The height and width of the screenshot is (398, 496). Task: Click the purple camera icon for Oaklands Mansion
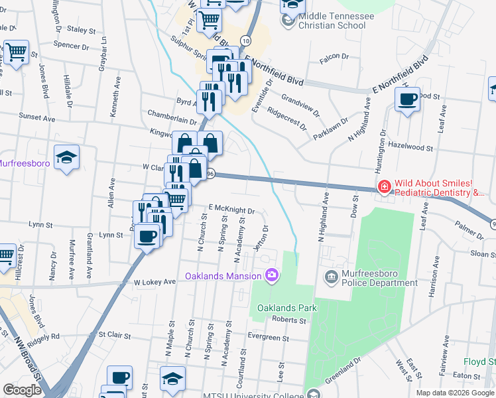click(271, 275)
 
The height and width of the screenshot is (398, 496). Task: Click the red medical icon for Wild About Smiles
click(384, 188)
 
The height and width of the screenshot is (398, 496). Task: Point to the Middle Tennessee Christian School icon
click(288, 21)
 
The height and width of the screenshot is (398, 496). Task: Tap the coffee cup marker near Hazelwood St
click(407, 100)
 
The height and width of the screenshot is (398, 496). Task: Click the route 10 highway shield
click(245, 41)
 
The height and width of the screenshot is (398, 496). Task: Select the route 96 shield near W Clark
click(211, 173)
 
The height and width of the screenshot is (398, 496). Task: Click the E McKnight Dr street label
click(233, 210)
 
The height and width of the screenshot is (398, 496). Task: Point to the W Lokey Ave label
click(154, 282)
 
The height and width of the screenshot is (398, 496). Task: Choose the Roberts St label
click(289, 320)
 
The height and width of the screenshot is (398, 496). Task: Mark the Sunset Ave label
click(37, 117)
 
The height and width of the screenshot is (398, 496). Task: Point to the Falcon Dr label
click(334, 57)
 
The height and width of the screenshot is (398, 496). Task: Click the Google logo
click(22, 390)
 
